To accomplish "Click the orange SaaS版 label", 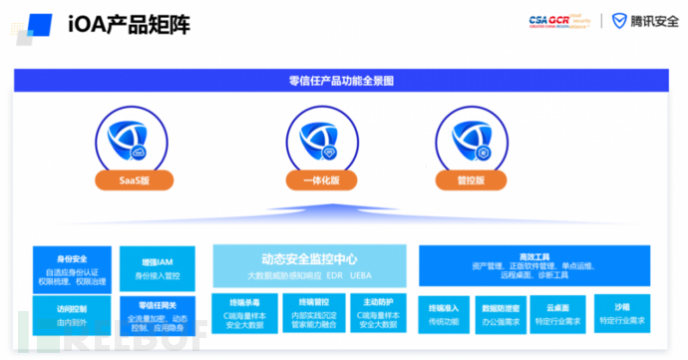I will coord(136,180).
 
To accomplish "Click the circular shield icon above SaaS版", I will coord(135,140).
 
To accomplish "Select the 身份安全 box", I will coord(71,267).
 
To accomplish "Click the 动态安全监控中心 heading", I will coord(309,258).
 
